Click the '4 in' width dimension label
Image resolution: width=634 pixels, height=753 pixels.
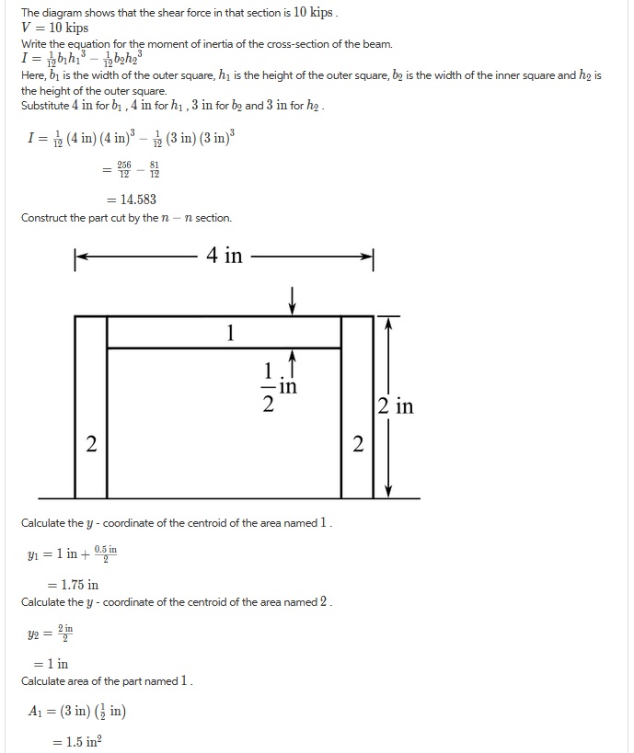click(225, 256)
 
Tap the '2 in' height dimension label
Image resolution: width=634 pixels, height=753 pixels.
click(395, 405)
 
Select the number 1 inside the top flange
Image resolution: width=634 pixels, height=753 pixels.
click(230, 333)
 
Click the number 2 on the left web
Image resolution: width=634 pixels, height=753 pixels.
click(90, 445)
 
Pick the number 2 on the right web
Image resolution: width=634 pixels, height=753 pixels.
click(358, 445)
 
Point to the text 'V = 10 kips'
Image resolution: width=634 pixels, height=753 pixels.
click(54, 28)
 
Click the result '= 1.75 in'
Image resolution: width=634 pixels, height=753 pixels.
click(73, 584)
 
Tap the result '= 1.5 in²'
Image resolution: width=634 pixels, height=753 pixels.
click(76, 742)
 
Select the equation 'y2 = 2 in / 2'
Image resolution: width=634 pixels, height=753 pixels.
click(53, 634)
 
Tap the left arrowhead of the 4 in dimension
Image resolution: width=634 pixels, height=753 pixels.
click(79, 257)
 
